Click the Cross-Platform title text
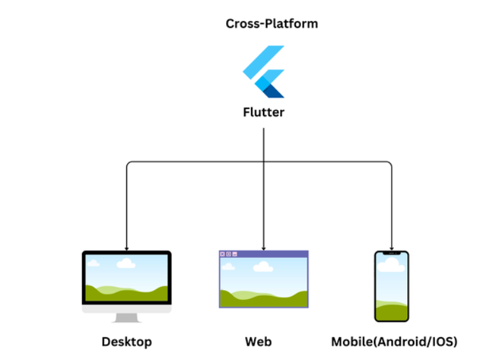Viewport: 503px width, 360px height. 272,24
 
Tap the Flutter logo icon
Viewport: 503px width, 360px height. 264,71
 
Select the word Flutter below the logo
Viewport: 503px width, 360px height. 264,113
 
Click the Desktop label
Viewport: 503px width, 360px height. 127,342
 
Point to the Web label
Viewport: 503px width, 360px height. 258,342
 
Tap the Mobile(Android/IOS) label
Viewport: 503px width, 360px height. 394,342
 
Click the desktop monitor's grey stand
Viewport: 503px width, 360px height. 127,317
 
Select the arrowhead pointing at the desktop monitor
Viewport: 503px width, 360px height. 127,248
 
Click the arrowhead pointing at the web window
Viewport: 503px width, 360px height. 264,247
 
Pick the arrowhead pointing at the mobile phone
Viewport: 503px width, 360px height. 391,248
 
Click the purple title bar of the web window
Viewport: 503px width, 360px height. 273,254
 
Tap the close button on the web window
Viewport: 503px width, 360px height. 222,254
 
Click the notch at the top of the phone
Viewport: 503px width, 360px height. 391,253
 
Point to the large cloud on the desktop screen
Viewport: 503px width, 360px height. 126,263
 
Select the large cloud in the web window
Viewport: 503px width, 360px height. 263,267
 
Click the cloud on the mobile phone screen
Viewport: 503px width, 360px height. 391,263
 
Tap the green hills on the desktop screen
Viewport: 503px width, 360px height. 127,293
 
